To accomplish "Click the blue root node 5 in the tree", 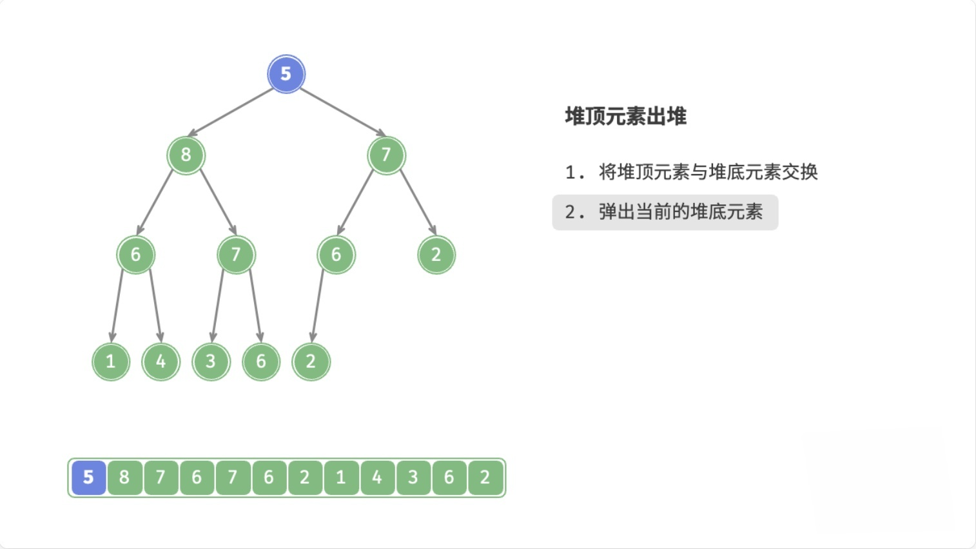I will (286, 74).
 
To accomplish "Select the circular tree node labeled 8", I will (186, 155).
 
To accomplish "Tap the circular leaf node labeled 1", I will (111, 361).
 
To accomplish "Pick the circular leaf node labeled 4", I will (161, 361).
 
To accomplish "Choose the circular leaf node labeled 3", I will (211, 361).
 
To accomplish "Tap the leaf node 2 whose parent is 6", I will (311, 361).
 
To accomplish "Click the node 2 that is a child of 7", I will (436, 255).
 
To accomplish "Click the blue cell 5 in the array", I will (88, 477).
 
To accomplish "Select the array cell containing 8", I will (124, 477).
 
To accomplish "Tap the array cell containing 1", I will (340, 477).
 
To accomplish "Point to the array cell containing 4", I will (376, 477).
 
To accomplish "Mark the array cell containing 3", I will (413, 477).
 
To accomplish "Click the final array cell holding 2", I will (485, 477).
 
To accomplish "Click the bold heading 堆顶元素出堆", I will (625, 117).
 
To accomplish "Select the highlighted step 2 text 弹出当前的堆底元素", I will (679, 212).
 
